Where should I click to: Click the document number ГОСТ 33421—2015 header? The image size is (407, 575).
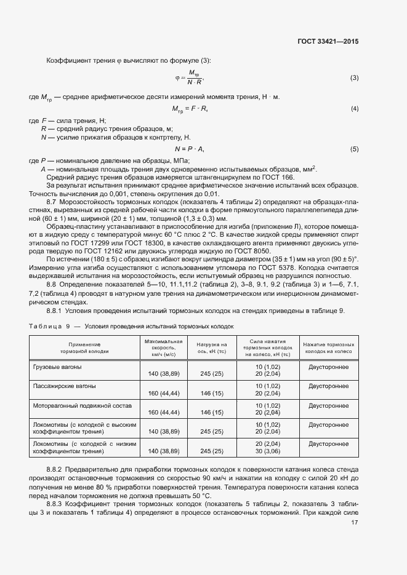point(328,42)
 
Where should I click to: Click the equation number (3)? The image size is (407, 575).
point(354,77)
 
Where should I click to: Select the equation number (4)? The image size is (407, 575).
point(354,109)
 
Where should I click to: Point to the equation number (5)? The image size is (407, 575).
point(354,149)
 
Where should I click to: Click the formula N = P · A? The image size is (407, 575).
point(189,149)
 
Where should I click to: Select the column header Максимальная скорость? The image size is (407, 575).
point(163,348)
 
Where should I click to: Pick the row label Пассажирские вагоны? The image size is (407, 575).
point(64,386)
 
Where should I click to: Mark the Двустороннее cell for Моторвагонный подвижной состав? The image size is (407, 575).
point(328,406)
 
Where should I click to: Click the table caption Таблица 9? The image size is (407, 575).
point(51,327)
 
